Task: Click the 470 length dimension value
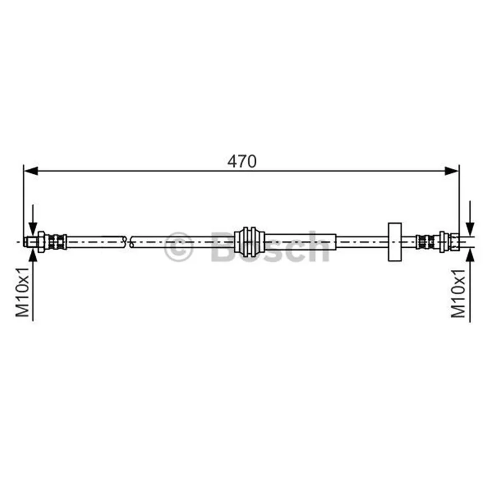(x=242, y=161)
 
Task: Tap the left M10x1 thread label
(x=23, y=292)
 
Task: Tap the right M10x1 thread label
(x=458, y=293)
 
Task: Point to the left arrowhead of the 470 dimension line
(x=31, y=171)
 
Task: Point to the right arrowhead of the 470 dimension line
(x=452, y=171)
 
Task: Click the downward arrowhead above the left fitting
(x=33, y=229)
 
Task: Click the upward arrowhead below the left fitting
(x=33, y=255)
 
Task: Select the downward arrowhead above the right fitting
(x=470, y=229)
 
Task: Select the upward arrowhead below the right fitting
(x=470, y=255)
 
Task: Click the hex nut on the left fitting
(x=41, y=242)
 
